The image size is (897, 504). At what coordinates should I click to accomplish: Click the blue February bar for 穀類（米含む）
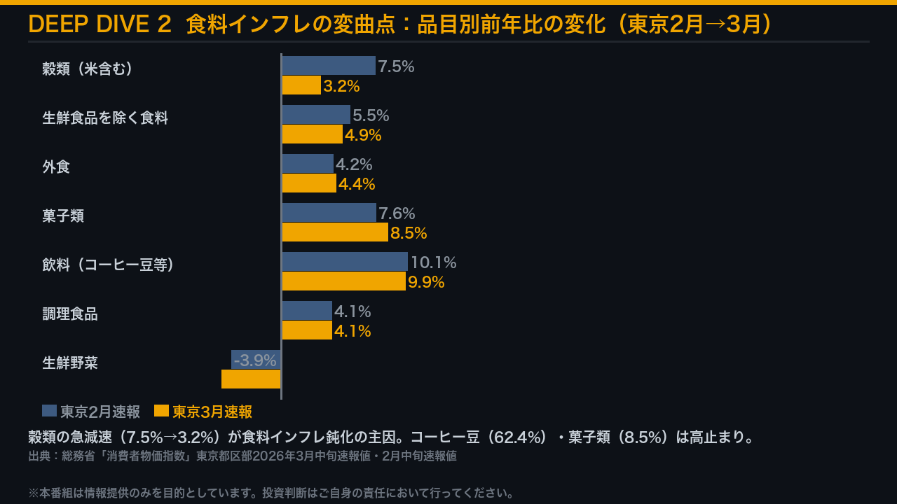click(328, 66)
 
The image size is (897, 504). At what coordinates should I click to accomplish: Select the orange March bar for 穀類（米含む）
click(301, 85)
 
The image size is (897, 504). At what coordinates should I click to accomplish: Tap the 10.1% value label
click(433, 262)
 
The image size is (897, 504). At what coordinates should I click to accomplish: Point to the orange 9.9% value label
click(426, 282)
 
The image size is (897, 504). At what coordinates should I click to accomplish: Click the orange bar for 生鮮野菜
click(251, 379)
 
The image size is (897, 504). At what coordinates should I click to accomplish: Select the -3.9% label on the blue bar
click(255, 360)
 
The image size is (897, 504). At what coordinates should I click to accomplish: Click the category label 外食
click(56, 167)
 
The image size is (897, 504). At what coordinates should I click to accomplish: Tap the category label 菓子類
click(63, 216)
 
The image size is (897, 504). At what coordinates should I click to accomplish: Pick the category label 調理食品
click(70, 314)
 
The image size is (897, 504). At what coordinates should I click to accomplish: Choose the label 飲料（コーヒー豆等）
click(108, 265)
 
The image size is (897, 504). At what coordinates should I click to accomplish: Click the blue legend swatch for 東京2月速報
click(49, 411)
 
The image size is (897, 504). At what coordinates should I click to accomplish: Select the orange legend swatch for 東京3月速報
click(161, 411)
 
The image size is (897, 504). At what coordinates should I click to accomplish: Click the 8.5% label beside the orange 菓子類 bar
click(409, 233)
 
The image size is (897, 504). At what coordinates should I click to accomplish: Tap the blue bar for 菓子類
click(329, 213)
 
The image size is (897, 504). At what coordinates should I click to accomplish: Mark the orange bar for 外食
click(309, 183)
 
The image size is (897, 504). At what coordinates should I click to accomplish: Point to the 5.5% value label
click(371, 115)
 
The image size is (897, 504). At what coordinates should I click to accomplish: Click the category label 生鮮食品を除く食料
click(105, 118)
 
